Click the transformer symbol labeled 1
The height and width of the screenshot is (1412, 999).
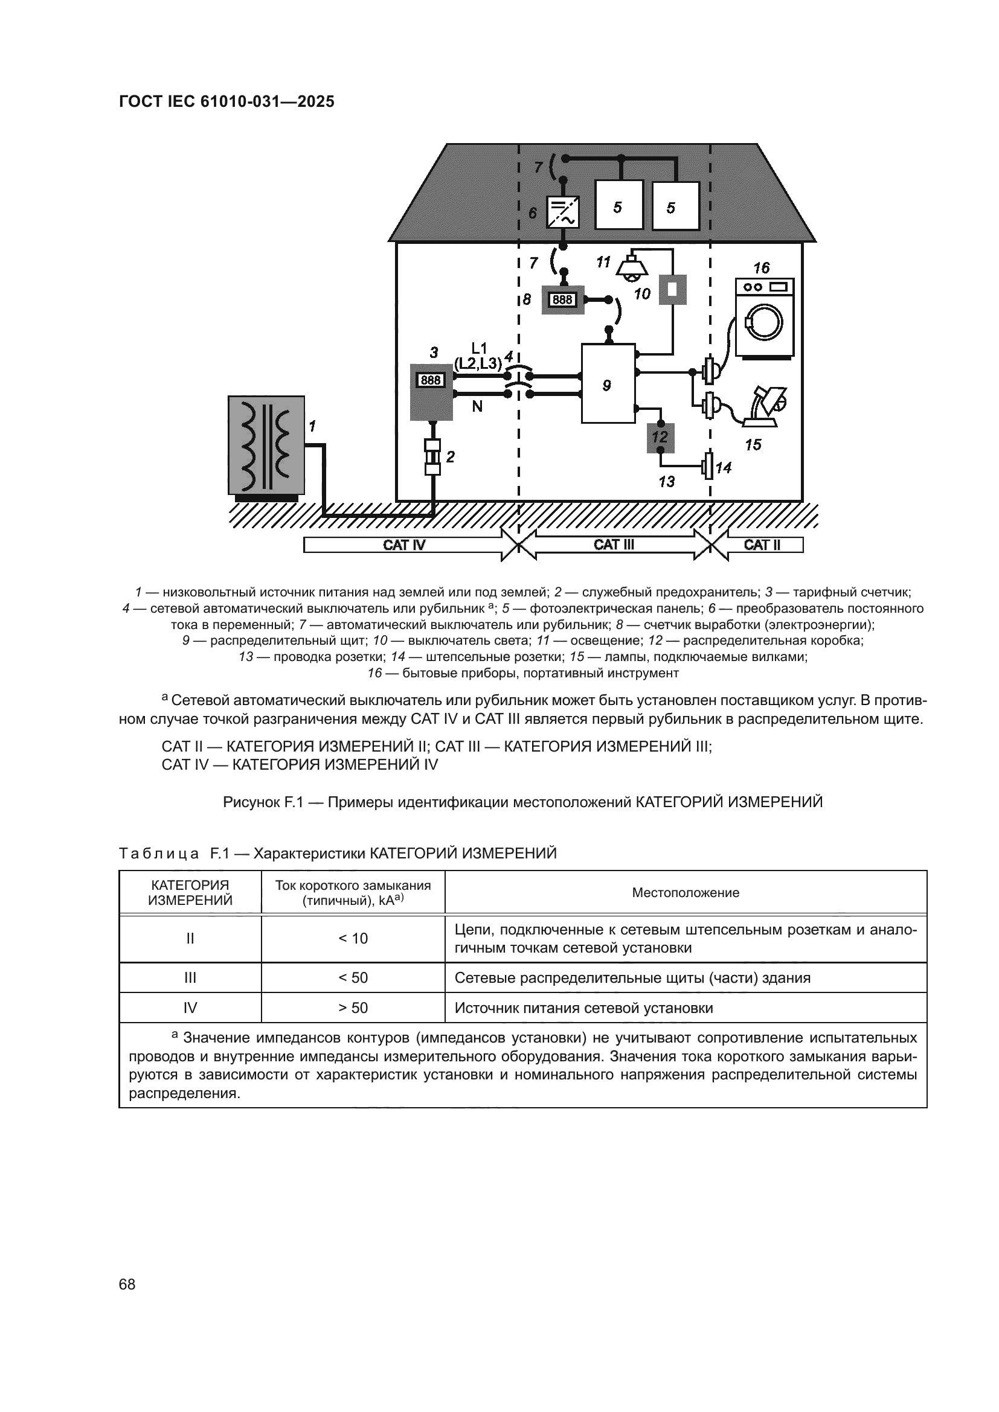point(266,445)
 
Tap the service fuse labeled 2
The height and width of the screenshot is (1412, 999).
point(433,457)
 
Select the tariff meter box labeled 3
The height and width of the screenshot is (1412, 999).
point(431,392)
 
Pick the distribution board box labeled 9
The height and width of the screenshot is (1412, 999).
point(608,384)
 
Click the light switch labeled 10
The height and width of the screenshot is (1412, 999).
point(672,289)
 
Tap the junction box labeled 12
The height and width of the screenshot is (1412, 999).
point(660,438)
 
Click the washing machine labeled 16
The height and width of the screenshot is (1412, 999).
point(765,318)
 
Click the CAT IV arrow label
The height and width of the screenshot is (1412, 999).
point(404,545)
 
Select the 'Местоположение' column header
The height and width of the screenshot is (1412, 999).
point(686,893)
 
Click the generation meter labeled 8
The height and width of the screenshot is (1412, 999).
point(562,300)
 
